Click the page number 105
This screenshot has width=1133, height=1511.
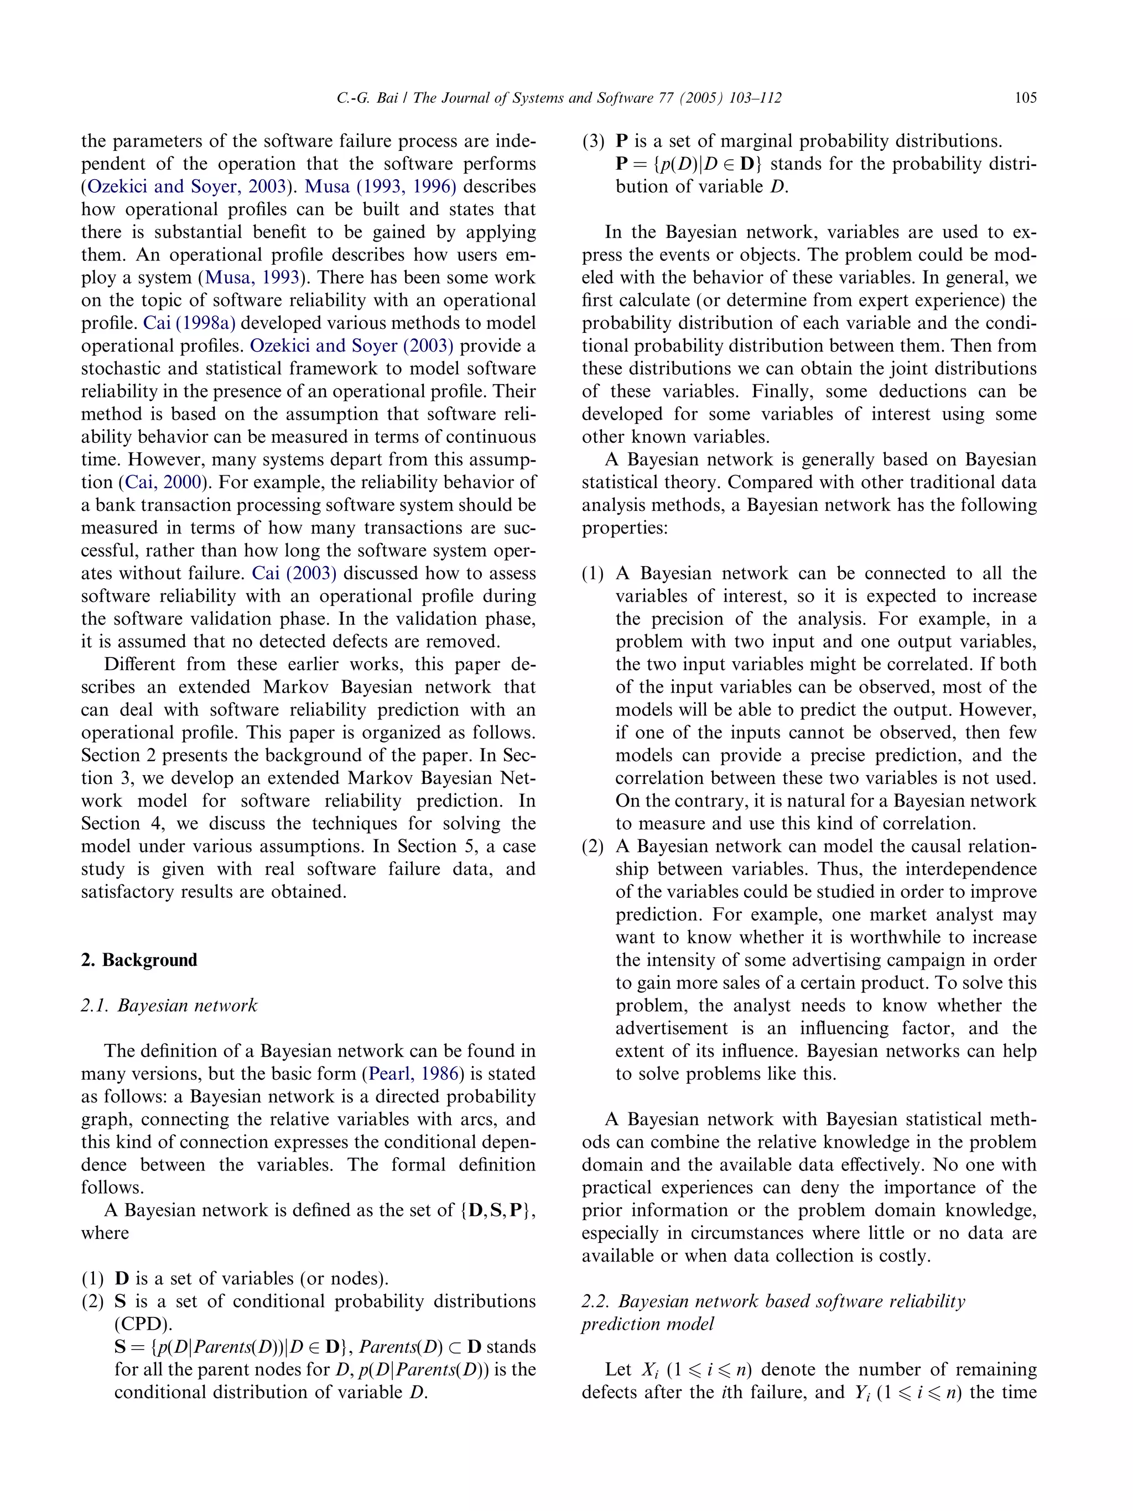tap(1025, 98)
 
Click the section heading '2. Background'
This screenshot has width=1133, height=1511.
tap(139, 960)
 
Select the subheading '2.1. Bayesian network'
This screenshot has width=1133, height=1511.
tap(169, 1006)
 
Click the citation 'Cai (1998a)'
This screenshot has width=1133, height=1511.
tap(189, 323)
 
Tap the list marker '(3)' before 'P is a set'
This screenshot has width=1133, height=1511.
tap(593, 142)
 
